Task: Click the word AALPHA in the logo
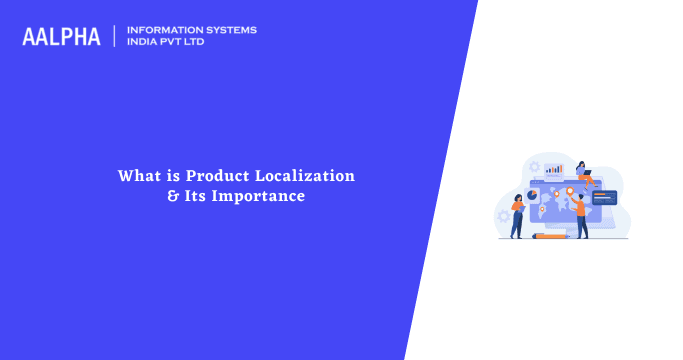(x=61, y=36)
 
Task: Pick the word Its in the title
(x=195, y=196)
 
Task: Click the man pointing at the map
(x=581, y=214)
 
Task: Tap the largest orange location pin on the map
(x=569, y=190)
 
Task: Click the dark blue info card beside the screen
(x=605, y=197)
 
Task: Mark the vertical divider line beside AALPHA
(x=115, y=36)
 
